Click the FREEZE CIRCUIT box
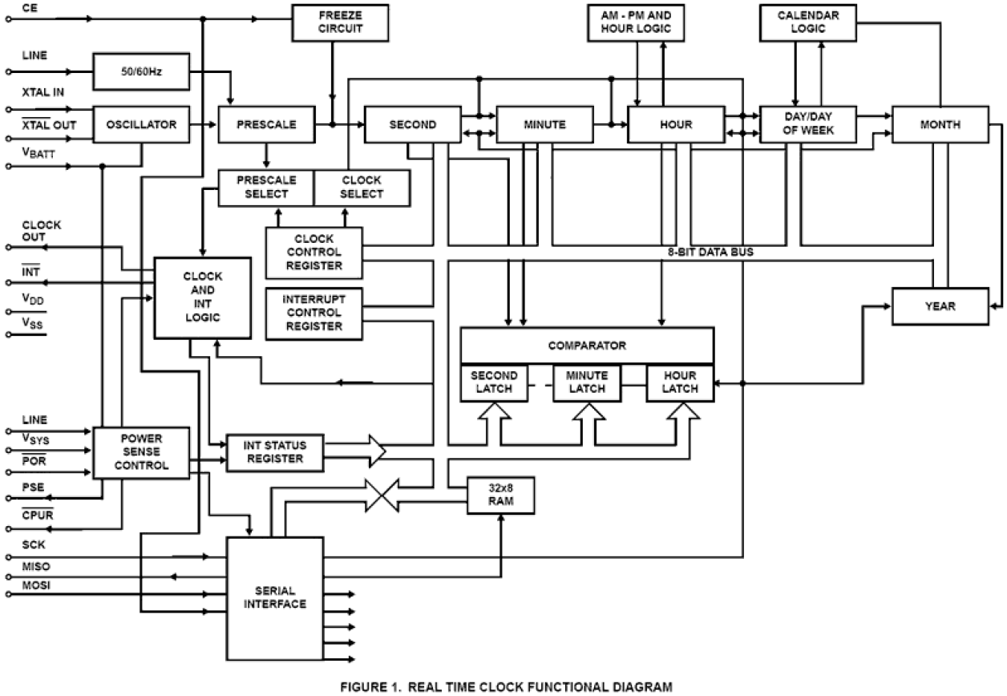point(340,22)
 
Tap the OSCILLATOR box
point(142,124)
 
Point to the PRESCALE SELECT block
point(266,188)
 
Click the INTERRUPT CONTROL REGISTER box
point(313,313)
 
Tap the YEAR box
point(940,306)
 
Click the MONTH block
point(940,124)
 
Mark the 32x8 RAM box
point(501,495)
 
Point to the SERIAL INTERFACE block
point(275,597)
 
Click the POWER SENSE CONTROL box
point(141,452)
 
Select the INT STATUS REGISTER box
point(275,451)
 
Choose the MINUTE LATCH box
point(586,382)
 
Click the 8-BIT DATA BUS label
point(711,252)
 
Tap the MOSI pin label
point(35,585)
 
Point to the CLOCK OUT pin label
point(41,231)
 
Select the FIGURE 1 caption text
point(505,686)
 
